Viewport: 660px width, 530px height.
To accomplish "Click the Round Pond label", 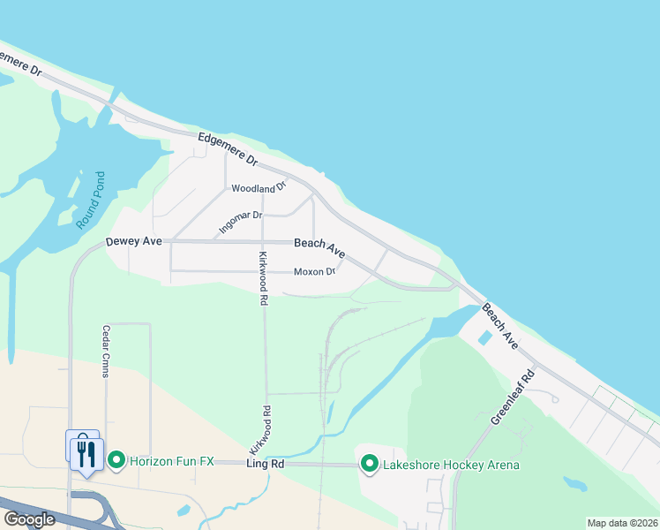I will [90, 201].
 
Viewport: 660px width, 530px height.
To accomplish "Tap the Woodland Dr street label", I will [259, 187].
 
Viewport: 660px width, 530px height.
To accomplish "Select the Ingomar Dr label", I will [241, 222].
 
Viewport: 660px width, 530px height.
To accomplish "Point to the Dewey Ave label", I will [135, 241].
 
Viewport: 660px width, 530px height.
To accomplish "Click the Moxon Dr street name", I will [314, 271].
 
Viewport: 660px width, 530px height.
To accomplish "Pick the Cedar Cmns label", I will [105, 351].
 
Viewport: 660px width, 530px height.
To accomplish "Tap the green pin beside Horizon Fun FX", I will [116, 460].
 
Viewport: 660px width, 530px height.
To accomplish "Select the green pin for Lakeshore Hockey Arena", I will [369, 463].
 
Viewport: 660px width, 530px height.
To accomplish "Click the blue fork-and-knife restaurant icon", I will [85, 452].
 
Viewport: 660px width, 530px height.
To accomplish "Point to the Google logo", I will [29, 519].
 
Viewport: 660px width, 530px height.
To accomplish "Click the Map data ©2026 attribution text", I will [622, 523].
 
